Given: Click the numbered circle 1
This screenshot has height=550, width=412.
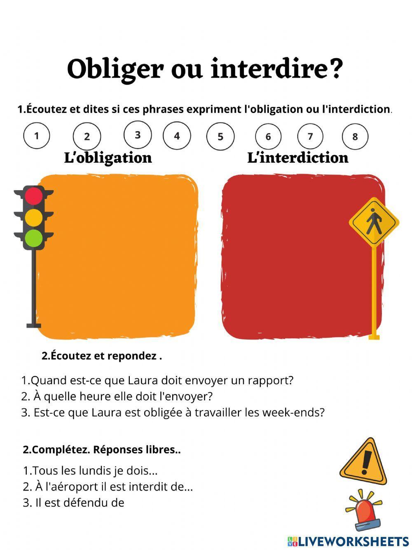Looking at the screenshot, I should point(37,135).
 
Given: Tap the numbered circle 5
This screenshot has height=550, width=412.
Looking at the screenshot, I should point(220,137).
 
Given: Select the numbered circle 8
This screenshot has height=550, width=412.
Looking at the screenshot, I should point(355,137).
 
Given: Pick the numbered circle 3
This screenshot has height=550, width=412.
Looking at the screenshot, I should point(138,135).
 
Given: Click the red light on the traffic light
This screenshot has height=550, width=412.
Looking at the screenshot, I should point(34,196).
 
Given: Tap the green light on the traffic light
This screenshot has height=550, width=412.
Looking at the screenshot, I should point(34,238).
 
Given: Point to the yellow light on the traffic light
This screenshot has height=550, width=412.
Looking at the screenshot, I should point(34,217).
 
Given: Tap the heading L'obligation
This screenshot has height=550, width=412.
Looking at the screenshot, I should point(108,158).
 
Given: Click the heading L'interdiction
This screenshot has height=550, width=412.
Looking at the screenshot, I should point(297,158).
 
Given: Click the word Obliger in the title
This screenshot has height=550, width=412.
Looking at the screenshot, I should point(115,69).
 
